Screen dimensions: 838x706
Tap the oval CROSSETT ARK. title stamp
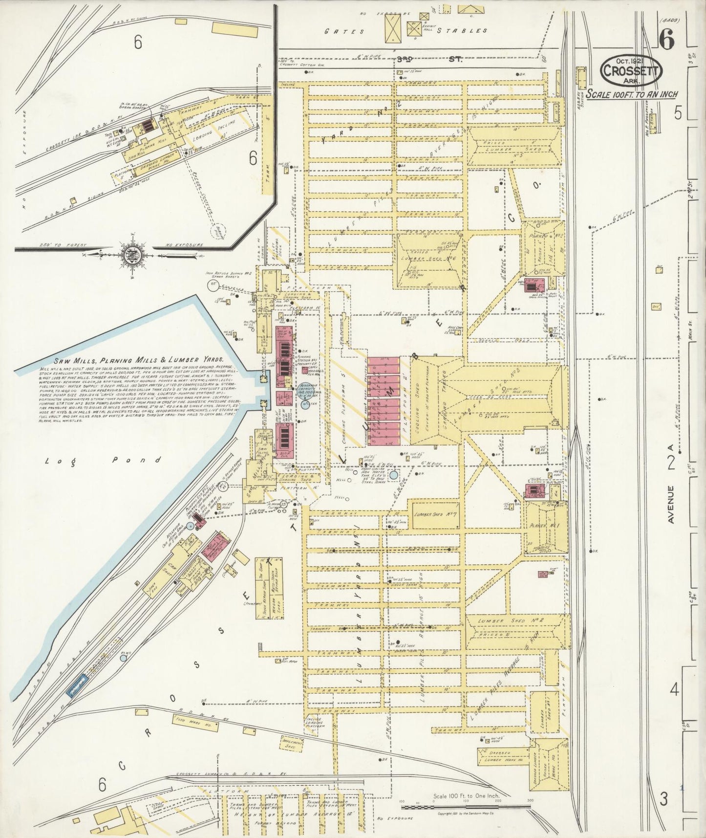(631, 70)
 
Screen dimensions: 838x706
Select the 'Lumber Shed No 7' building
(435, 514)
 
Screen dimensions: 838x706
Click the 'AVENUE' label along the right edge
(671, 504)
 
